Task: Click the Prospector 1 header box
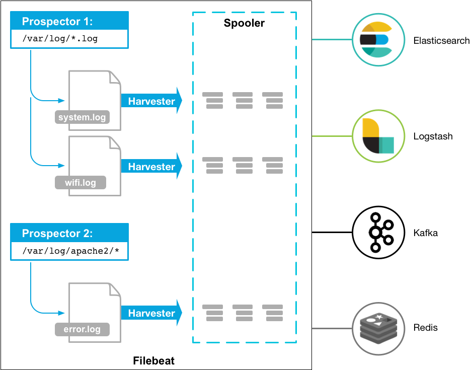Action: [69, 22]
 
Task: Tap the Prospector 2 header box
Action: [69, 234]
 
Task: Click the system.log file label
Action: [82, 118]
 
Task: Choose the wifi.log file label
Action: [81, 182]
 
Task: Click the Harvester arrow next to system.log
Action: [151, 101]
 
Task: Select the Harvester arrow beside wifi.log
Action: [151, 166]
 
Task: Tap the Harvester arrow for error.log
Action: [151, 313]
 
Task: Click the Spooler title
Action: [244, 23]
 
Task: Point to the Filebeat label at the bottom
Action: [153, 361]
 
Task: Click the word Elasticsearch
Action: [441, 41]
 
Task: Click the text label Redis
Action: [425, 328]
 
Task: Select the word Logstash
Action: [433, 136]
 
